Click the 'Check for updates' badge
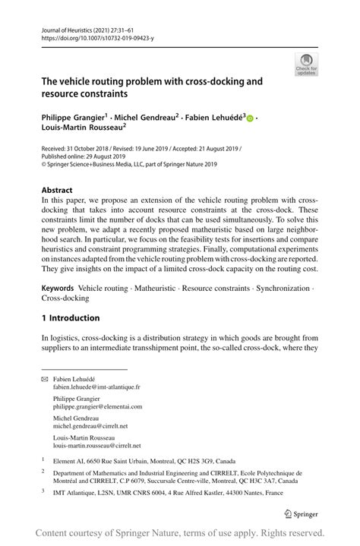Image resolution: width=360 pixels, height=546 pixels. (x=306, y=64)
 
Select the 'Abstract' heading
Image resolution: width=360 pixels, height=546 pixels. (x=57, y=191)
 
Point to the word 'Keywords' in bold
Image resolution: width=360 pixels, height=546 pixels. (x=58, y=289)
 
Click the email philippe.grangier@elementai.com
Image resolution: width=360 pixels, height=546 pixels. (x=97, y=406)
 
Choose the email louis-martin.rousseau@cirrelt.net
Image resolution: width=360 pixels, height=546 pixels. (x=96, y=446)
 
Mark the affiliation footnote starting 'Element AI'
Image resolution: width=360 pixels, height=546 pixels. (x=128, y=460)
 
